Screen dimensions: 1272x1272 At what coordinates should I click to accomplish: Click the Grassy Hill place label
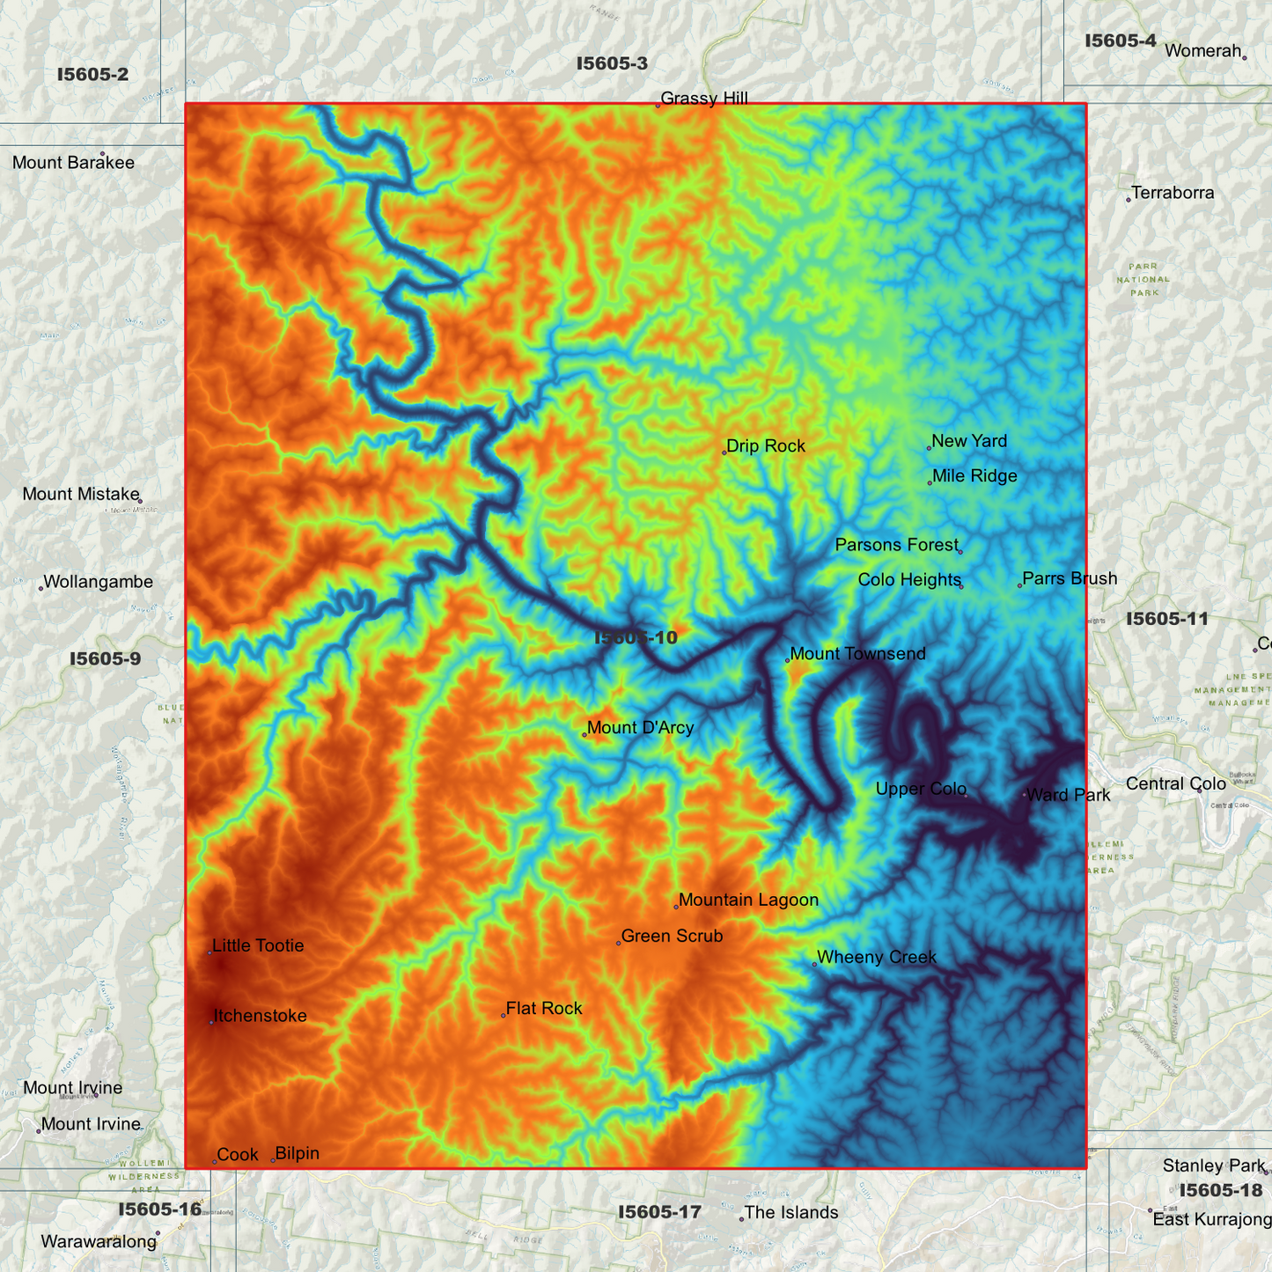click(704, 99)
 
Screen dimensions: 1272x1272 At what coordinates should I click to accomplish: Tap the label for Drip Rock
click(766, 446)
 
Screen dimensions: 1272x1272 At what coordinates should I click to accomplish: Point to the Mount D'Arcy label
click(640, 728)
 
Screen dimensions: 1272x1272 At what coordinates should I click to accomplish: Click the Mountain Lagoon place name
click(748, 900)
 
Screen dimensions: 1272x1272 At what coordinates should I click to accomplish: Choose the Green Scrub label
click(672, 937)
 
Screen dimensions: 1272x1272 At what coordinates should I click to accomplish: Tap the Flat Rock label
click(544, 1009)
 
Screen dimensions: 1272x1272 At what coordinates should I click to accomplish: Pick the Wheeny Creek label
click(876, 958)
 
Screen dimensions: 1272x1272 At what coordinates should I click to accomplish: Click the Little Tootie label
click(258, 946)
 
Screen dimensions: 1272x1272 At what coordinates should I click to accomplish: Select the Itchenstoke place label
click(261, 1016)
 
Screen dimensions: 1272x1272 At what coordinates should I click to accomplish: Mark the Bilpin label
click(298, 1154)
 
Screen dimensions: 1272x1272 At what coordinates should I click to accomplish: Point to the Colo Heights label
click(909, 580)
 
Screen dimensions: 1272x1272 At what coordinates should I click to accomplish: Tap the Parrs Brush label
click(1070, 579)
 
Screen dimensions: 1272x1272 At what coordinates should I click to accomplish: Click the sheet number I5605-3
click(612, 63)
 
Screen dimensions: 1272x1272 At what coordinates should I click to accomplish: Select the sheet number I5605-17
click(659, 1212)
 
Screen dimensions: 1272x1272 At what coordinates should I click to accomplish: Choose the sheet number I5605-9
click(105, 658)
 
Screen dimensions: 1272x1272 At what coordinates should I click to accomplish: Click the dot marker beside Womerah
click(1244, 58)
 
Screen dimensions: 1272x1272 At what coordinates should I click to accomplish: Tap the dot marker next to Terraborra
click(1129, 200)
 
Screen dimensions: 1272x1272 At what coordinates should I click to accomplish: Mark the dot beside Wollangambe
click(40, 588)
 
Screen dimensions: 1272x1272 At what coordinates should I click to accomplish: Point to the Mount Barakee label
click(73, 163)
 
